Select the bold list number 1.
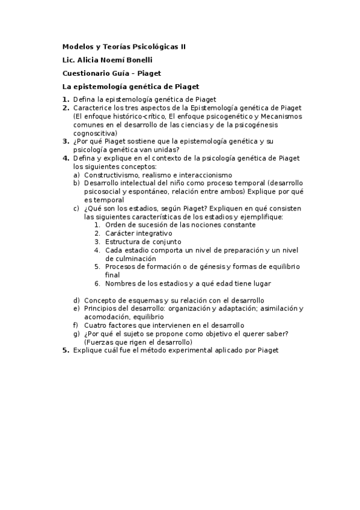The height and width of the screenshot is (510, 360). point(66,99)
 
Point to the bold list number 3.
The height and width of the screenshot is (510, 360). point(66,141)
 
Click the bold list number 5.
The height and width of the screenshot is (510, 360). point(66,350)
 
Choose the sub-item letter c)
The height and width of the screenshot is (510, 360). point(76,208)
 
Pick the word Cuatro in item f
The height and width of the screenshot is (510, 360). point(94,325)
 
